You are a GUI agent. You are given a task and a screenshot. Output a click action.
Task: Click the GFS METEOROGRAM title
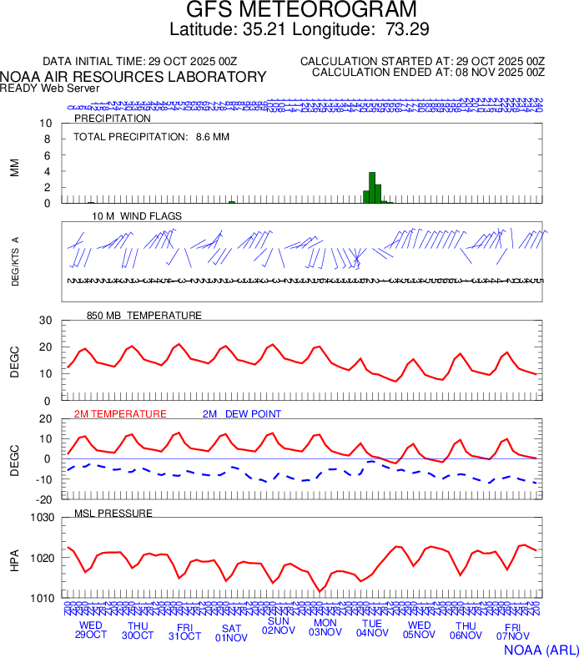pos(300,11)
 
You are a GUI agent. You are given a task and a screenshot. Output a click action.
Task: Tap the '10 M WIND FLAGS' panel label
pos(137,216)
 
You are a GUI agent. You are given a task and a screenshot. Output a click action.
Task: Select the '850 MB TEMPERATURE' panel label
pos(144,316)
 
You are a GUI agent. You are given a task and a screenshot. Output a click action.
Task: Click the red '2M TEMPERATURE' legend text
pos(120,414)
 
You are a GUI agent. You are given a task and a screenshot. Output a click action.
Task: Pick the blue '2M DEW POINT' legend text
pos(242,414)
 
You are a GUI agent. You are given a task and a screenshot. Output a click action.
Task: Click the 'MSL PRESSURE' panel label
pos(113,513)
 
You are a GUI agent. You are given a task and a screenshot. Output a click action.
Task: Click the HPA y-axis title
pos(14,559)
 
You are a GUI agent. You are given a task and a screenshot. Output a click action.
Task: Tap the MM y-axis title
pos(14,167)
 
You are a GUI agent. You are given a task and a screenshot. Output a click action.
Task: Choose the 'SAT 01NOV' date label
pos(231,632)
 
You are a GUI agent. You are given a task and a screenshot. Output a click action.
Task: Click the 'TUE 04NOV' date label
pos(372,628)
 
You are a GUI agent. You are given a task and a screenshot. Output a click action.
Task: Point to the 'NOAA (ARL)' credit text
pos(541,648)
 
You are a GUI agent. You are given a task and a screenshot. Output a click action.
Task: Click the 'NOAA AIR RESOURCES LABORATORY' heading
pos(133,77)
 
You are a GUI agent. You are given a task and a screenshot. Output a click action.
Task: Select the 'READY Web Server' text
pos(50,89)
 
